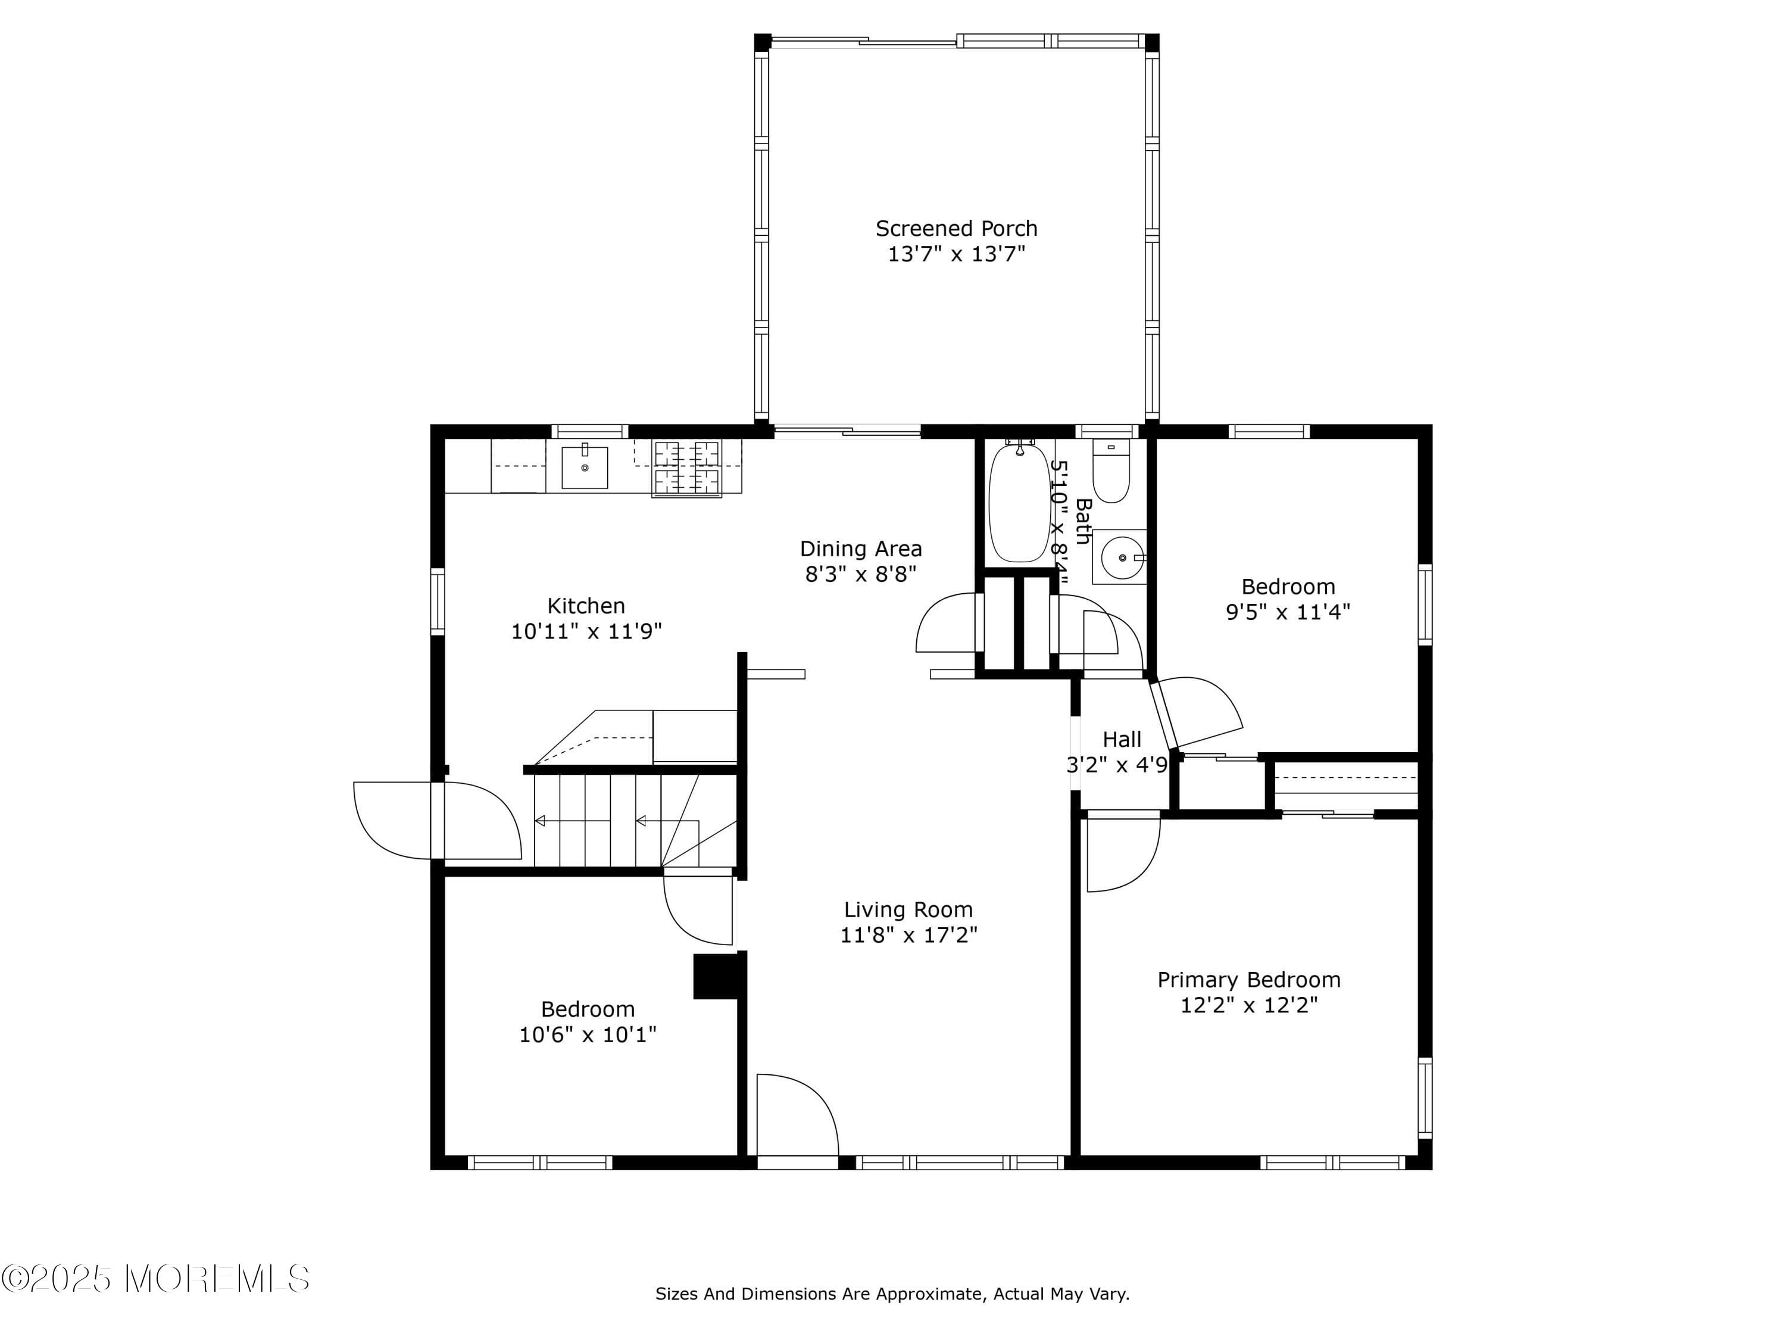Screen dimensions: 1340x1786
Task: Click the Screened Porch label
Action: [956, 229]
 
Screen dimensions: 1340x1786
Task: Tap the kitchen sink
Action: [585, 467]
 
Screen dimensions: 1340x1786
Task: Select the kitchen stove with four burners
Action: [686, 469]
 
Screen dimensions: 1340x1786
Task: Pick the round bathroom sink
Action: [1122, 557]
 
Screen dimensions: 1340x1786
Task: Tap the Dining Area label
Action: [861, 549]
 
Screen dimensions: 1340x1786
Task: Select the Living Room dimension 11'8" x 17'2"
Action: [908, 936]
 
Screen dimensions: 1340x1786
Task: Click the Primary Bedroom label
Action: [1249, 980]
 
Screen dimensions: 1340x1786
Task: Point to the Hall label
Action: [1122, 739]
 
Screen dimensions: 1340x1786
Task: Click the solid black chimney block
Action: [716, 977]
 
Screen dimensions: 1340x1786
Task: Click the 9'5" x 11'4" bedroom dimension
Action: [1288, 612]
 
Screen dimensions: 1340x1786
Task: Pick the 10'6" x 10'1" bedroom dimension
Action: [587, 1034]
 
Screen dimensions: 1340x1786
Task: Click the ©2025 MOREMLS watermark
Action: [155, 1279]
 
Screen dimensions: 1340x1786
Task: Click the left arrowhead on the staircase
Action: [539, 821]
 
